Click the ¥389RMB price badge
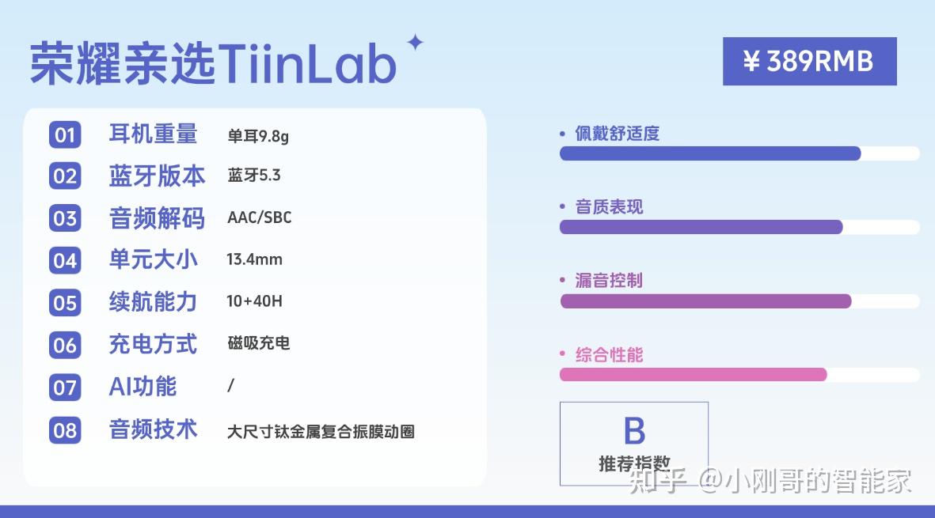point(809,62)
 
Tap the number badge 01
point(65,134)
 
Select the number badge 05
point(65,302)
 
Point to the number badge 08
point(65,430)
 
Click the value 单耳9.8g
point(258,136)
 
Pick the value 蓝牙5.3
point(254,175)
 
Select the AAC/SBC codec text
point(260,217)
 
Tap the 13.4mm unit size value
point(255,259)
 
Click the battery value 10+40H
point(255,301)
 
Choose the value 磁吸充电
point(259,343)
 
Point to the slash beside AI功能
point(230,386)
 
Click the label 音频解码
point(157,218)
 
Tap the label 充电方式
point(154,344)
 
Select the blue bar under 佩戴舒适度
point(710,153)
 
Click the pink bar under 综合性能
point(693,375)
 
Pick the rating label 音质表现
point(610,206)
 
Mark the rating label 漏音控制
point(609,281)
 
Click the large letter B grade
point(634,430)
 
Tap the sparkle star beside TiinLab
point(415,43)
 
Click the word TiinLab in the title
point(307,63)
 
